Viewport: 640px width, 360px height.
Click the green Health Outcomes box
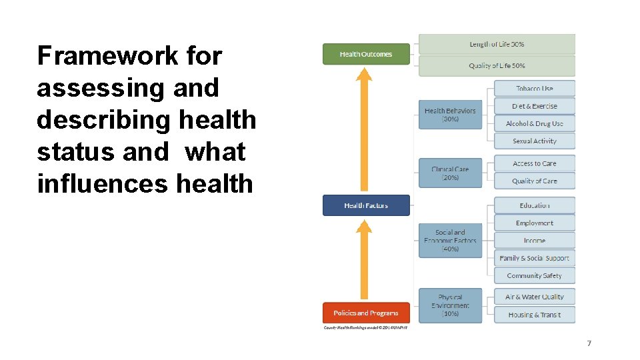(x=366, y=54)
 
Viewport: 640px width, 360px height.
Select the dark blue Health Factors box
(x=366, y=205)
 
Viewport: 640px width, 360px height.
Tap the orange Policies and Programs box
(x=366, y=313)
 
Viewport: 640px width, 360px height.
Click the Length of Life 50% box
(x=497, y=45)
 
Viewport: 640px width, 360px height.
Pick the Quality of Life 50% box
(x=497, y=66)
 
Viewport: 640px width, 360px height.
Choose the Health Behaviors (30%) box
(x=450, y=115)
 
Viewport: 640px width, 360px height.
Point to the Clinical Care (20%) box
(x=450, y=173)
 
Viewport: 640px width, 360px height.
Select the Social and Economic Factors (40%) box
(x=450, y=241)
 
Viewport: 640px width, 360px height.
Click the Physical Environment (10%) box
(x=450, y=305)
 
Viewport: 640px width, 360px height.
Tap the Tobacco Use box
(x=534, y=89)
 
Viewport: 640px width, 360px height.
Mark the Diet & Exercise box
(x=534, y=106)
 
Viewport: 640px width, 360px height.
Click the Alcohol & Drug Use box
(x=534, y=123)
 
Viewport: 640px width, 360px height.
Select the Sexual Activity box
(x=534, y=141)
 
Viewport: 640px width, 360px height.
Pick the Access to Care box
(x=534, y=163)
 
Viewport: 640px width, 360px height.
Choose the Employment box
(x=534, y=223)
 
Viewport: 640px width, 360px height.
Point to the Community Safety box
(x=534, y=275)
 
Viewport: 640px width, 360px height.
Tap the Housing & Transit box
(x=534, y=315)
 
